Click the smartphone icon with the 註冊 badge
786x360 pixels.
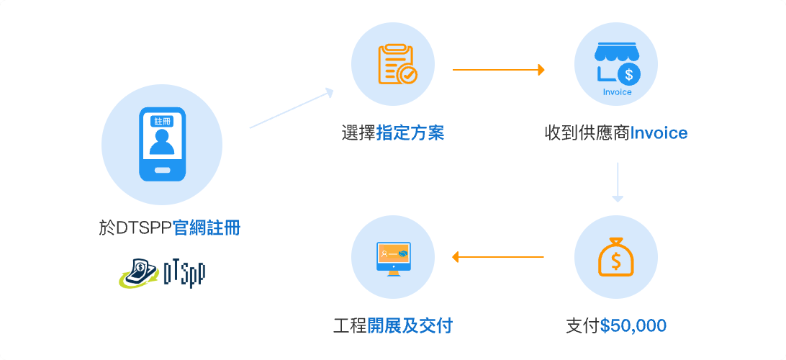tap(162, 145)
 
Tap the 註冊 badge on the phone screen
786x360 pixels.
tap(161, 122)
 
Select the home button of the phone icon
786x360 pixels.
tap(162, 170)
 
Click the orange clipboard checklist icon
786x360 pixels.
tap(397, 65)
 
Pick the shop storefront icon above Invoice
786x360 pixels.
tap(615, 65)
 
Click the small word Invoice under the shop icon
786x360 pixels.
tap(617, 92)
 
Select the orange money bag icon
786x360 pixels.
tap(616, 257)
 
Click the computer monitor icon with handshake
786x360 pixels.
tap(394, 258)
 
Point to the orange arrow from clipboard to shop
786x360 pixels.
tap(499, 70)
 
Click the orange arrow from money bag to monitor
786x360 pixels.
tap(498, 257)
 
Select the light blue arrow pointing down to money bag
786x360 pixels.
tap(618, 182)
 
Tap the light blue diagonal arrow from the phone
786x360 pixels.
tap(292, 108)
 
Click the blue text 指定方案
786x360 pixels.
tap(410, 134)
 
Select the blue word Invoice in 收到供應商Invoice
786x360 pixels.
tap(658, 133)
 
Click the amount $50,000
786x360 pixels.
tap(633, 326)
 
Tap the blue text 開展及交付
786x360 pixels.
tap(410, 326)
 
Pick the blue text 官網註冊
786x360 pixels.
tap(207, 229)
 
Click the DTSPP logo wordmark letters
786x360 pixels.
tap(184, 274)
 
